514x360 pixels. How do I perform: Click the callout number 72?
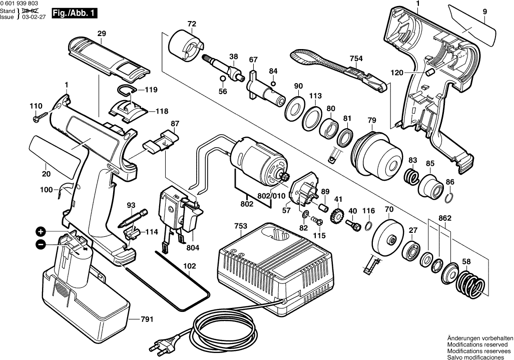[192, 24]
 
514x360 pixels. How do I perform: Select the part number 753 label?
[240, 226]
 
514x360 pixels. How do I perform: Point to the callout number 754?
[356, 59]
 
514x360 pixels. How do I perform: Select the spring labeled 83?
[412, 177]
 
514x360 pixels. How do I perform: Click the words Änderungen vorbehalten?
[480, 338]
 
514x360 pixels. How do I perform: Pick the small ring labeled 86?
[449, 196]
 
